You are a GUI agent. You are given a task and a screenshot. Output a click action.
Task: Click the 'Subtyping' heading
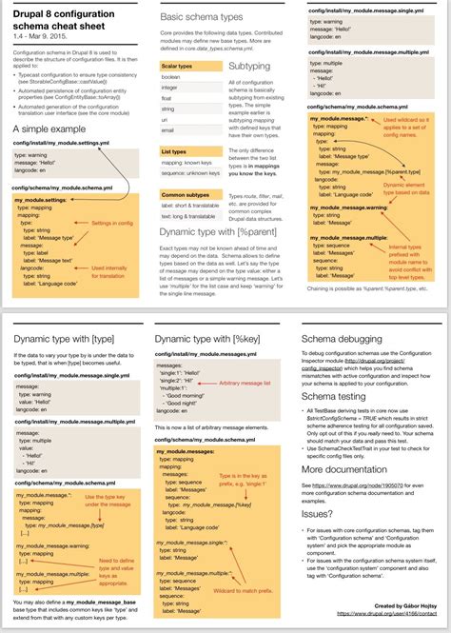249,67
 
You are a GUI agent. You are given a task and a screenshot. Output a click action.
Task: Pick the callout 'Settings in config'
110,223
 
